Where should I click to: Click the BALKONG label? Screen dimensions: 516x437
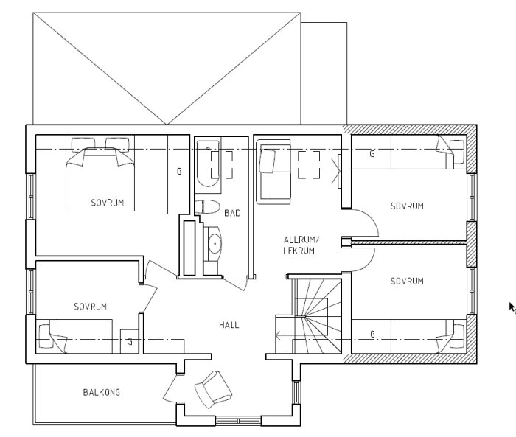coord(102,392)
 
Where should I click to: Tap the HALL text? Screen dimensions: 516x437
coord(229,325)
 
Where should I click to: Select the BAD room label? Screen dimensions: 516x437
coord(232,213)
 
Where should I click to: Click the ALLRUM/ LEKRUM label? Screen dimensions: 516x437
coord(301,245)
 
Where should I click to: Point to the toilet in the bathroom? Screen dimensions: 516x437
coord(207,207)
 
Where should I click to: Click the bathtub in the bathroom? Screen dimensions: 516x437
coord(208,164)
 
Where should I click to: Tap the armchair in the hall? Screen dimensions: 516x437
coord(213,389)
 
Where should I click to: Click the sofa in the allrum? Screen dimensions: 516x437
coord(273,172)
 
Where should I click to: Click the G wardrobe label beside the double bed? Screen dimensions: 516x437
coord(179,171)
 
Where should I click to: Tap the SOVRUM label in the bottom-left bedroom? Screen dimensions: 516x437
coord(91,307)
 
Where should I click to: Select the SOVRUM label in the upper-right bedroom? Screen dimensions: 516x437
coord(407,206)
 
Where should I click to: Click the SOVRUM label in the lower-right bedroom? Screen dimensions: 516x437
coord(407,281)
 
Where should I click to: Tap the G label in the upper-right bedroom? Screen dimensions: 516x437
coord(372,154)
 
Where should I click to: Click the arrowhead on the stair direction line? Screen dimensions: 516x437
coord(277,336)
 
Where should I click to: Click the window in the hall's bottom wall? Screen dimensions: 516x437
coord(239,421)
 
